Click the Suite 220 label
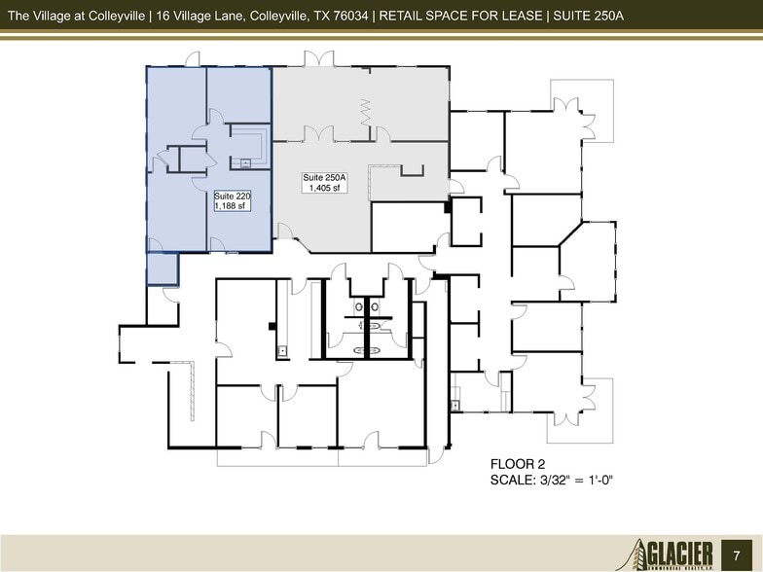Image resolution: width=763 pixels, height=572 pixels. pyautogui.click(x=232, y=196)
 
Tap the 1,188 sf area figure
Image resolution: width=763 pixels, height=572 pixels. pyautogui.click(x=232, y=205)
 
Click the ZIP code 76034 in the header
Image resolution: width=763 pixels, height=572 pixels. pyautogui.click(x=356, y=14)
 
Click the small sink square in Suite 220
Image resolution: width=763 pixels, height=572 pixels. pyautogui.click(x=246, y=163)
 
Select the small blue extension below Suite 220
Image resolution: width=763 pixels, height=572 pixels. pyautogui.click(x=163, y=268)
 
